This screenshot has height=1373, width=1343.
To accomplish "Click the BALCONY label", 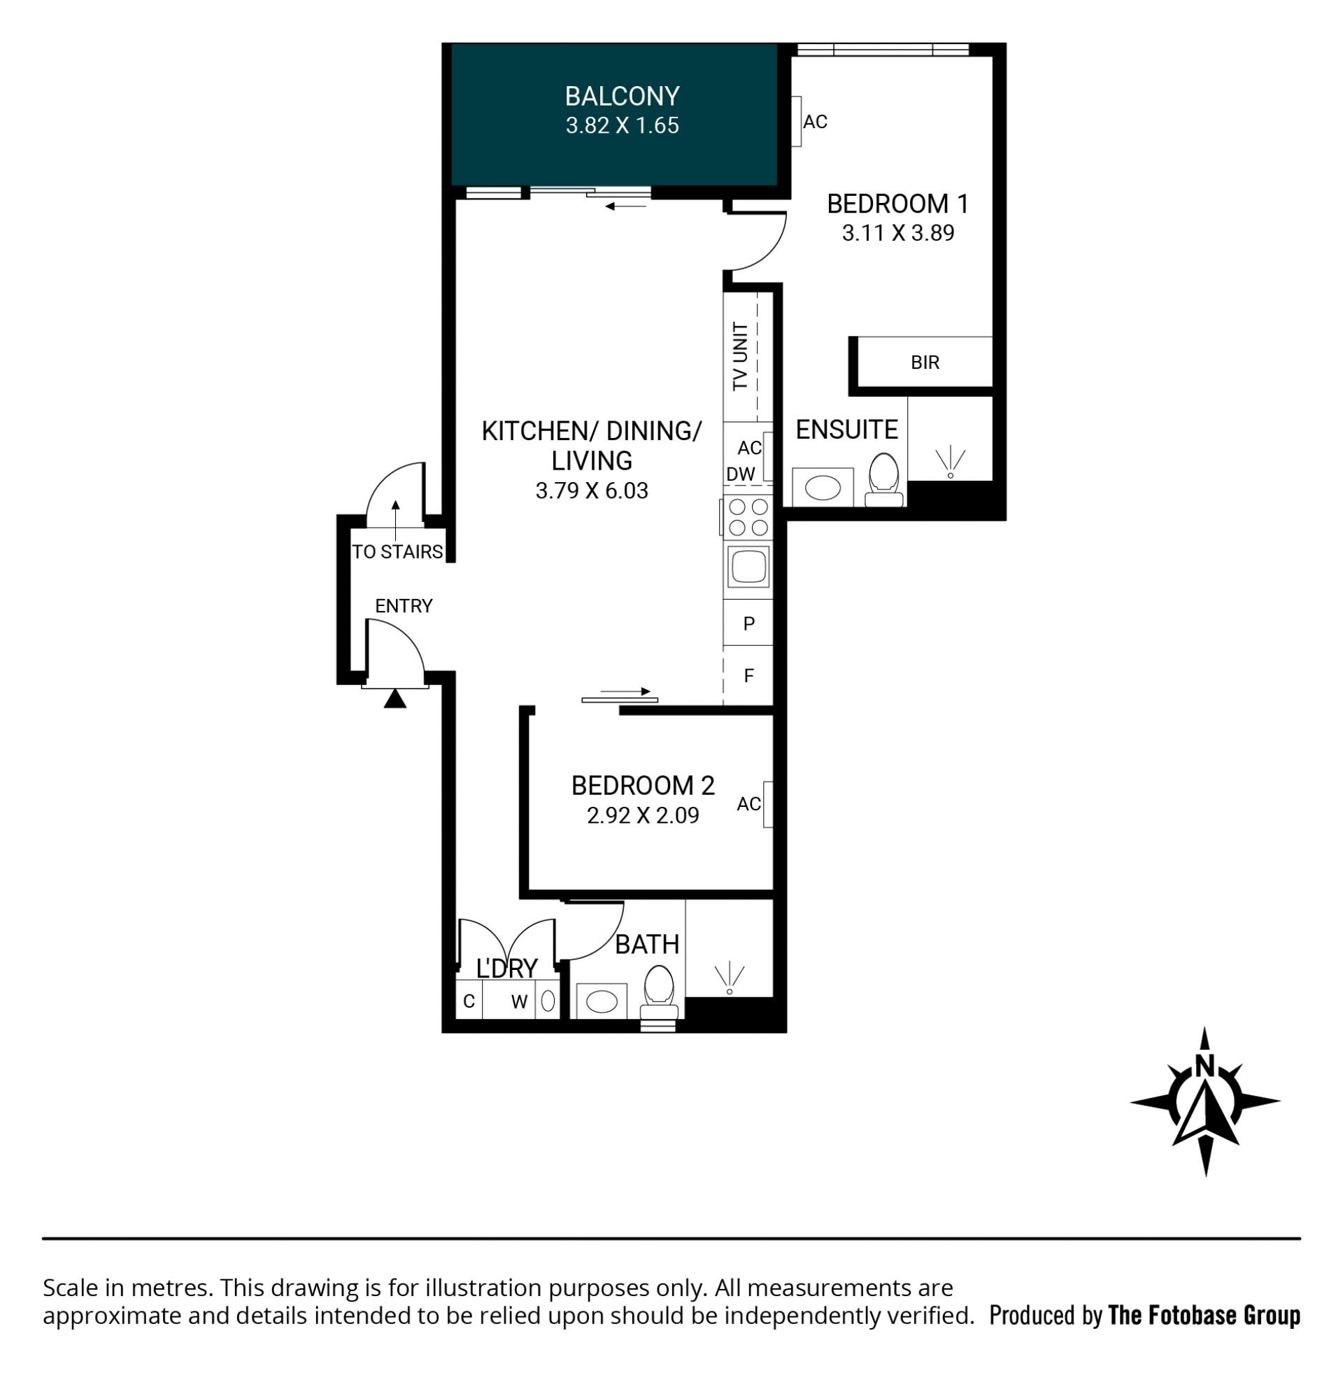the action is point(621,96).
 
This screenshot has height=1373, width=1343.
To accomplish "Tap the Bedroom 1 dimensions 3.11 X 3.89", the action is point(897,233).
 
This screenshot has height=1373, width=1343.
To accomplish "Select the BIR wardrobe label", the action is point(925,362).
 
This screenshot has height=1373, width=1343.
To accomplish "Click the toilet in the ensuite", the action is point(884,479).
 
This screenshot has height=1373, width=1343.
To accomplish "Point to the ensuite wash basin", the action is point(823,487).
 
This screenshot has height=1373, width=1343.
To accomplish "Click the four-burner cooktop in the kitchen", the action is point(748,517).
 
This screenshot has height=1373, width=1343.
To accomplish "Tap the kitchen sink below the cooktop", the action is point(748,567).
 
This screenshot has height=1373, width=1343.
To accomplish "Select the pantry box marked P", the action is point(748,623).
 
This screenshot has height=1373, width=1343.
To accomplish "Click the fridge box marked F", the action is point(748,676).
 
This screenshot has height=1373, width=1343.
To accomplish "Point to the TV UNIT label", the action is point(740,356).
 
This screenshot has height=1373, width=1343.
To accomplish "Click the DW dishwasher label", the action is point(741,474).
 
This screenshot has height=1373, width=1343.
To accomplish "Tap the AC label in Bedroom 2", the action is point(748,803).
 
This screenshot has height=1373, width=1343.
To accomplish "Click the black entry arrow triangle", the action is point(395,698).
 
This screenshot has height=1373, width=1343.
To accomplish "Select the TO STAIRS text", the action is point(397,551).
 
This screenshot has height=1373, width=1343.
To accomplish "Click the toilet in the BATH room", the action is point(660,993).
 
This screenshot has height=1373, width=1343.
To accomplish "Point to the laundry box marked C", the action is point(469,1001).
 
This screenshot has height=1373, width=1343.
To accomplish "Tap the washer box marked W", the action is point(519,1001).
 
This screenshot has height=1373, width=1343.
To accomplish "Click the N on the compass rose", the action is point(1205,1085).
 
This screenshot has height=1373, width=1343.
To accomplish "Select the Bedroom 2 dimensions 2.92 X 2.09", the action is point(643,816).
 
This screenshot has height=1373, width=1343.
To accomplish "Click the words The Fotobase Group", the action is point(1204,1316).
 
